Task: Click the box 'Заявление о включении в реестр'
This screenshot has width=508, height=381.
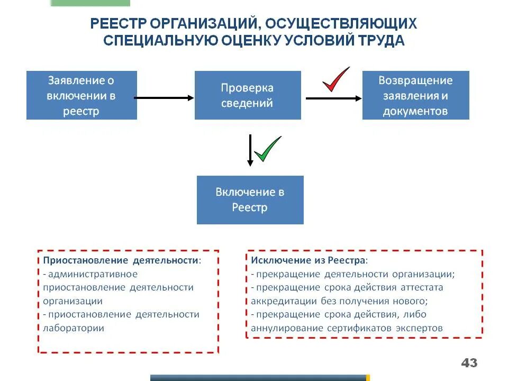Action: pyautogui.click(x=81, y=95)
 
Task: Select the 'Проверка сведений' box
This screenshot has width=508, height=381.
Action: pyautogui.click(x=248, y=95)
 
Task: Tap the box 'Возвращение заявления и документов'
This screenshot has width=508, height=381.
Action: pyautogui.click(x=415, y=95)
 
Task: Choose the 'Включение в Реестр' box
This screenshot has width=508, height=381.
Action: pyautogui.click(x=250, y=199)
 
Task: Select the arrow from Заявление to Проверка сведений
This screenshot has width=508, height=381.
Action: pyautogui.click(x=165, y=97)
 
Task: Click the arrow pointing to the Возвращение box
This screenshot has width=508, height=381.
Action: pyautogui.click(x=334, y=98)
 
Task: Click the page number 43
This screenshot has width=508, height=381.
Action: pyautogui.click(x=469, y=363)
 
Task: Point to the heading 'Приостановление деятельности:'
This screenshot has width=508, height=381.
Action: pyautogui.click(x=122, y=261)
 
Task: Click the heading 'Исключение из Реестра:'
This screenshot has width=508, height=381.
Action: pyautogui.click(x=309, y=261)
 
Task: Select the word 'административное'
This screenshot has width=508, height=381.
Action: pyautogui.click(x=93, y=274)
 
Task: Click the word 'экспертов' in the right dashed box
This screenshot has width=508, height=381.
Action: pyautogui.click(x=418, y=328)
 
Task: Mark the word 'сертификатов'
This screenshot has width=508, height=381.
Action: pyautogui.click(x=358, y=328)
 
